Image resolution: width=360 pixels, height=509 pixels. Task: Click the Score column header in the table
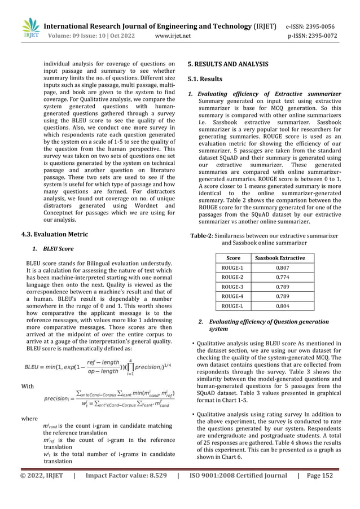pos(233,258)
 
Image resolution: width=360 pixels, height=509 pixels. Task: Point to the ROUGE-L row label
pos(233,306)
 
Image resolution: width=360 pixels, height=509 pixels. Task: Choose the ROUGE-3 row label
pos(233,287)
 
